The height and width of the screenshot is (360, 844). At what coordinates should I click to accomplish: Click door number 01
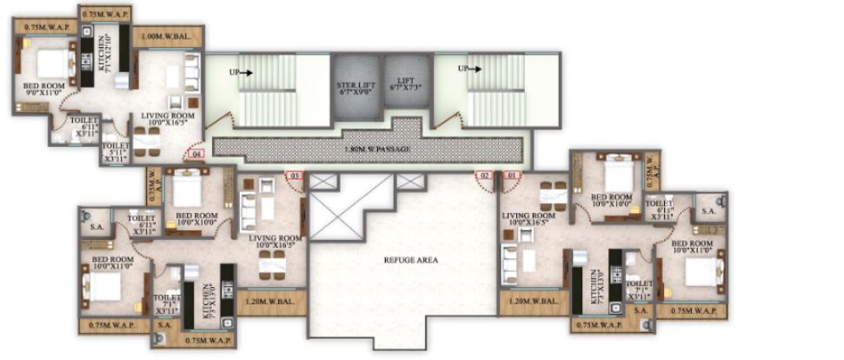pos(512,176)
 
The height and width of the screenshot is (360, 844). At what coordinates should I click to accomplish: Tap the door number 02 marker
pos(484,176)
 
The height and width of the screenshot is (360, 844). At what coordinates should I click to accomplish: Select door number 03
pos(295,176)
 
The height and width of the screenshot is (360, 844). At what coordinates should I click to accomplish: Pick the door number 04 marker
pos(196,154)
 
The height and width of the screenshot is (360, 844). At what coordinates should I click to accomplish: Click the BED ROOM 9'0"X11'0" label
pos(43,90)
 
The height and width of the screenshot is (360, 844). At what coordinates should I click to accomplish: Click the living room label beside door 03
pos(274,242)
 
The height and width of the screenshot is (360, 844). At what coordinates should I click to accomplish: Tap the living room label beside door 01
pos(528,218)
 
